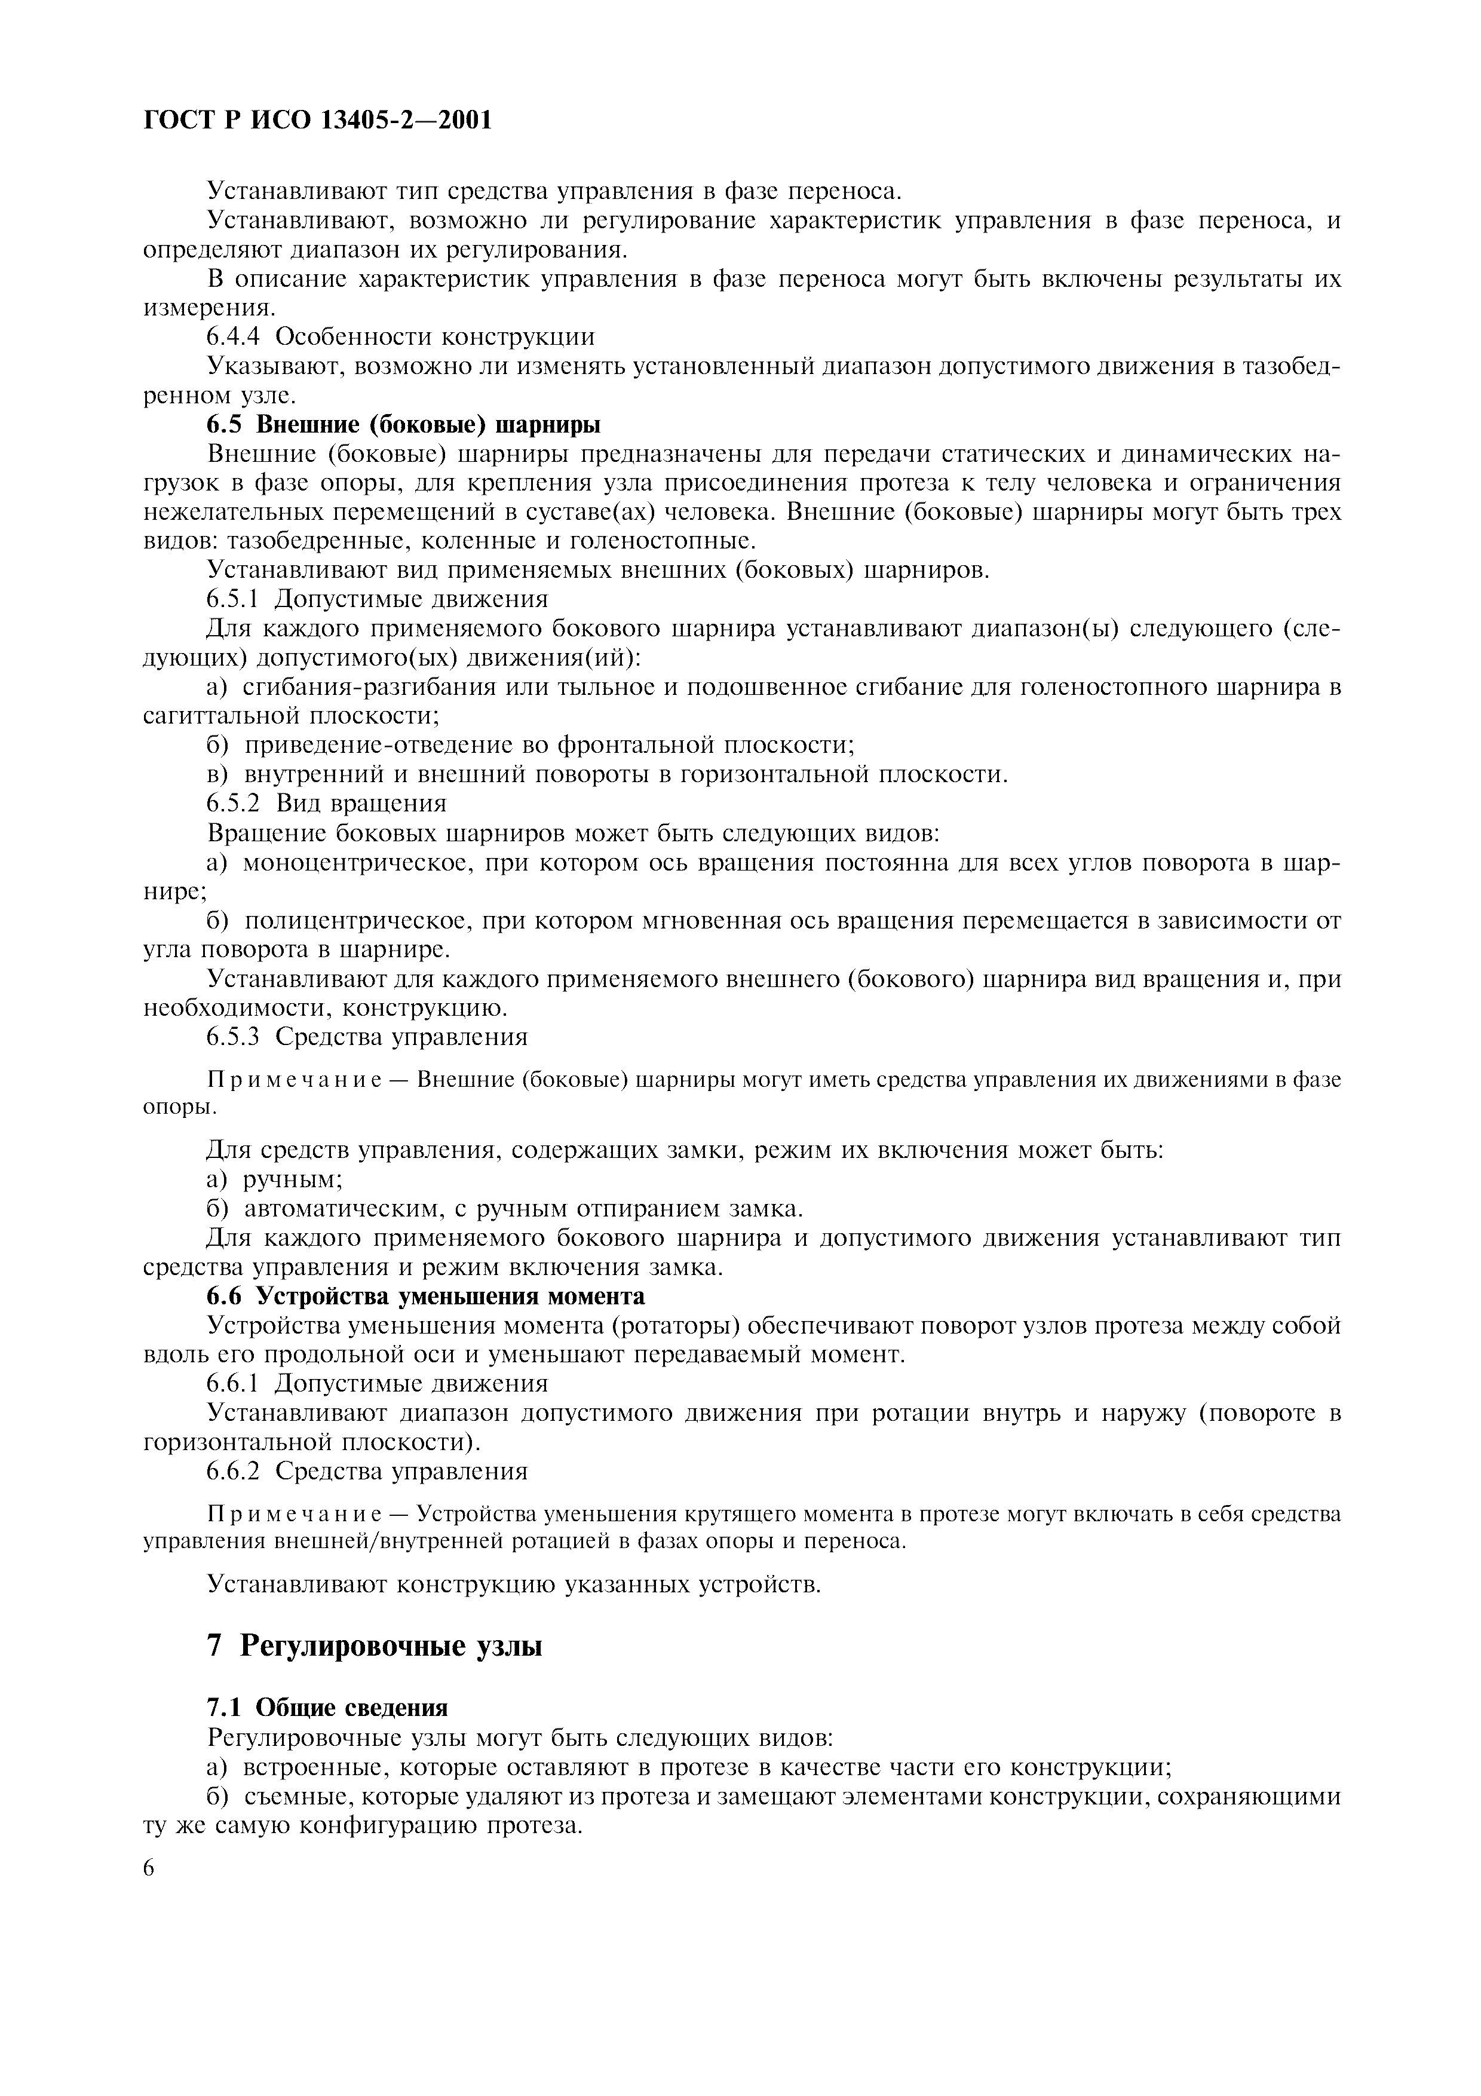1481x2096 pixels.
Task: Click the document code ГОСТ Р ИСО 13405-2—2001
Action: [318, 119]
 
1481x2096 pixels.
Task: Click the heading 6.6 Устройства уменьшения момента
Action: [425, 1297]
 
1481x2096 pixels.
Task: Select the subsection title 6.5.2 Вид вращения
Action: [327, 804]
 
